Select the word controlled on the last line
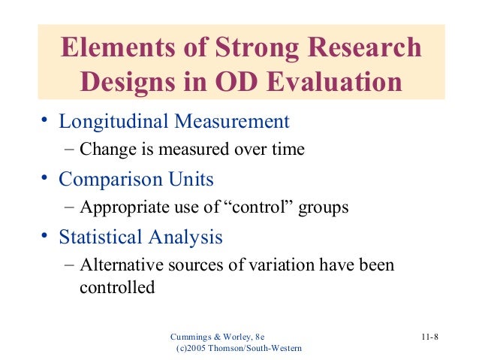click(x=116, y=287)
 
